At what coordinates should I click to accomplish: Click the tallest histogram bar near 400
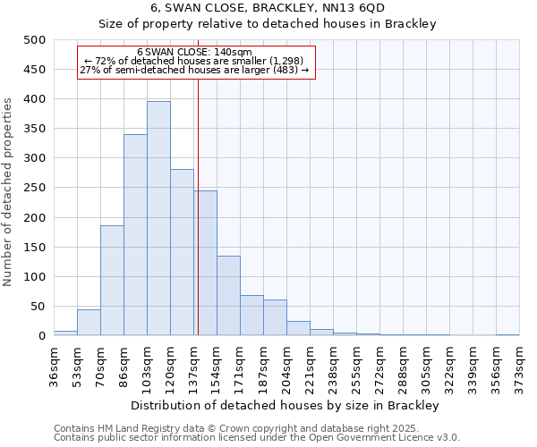tap(158, 219)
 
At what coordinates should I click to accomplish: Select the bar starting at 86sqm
tap(135, 235)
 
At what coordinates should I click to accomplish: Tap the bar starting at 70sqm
tap(112, 281)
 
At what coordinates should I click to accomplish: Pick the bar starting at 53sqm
tap(89, 323)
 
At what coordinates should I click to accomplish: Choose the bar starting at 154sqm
tap(228, 296)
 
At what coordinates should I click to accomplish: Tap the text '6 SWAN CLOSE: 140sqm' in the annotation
tap(195, 53)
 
